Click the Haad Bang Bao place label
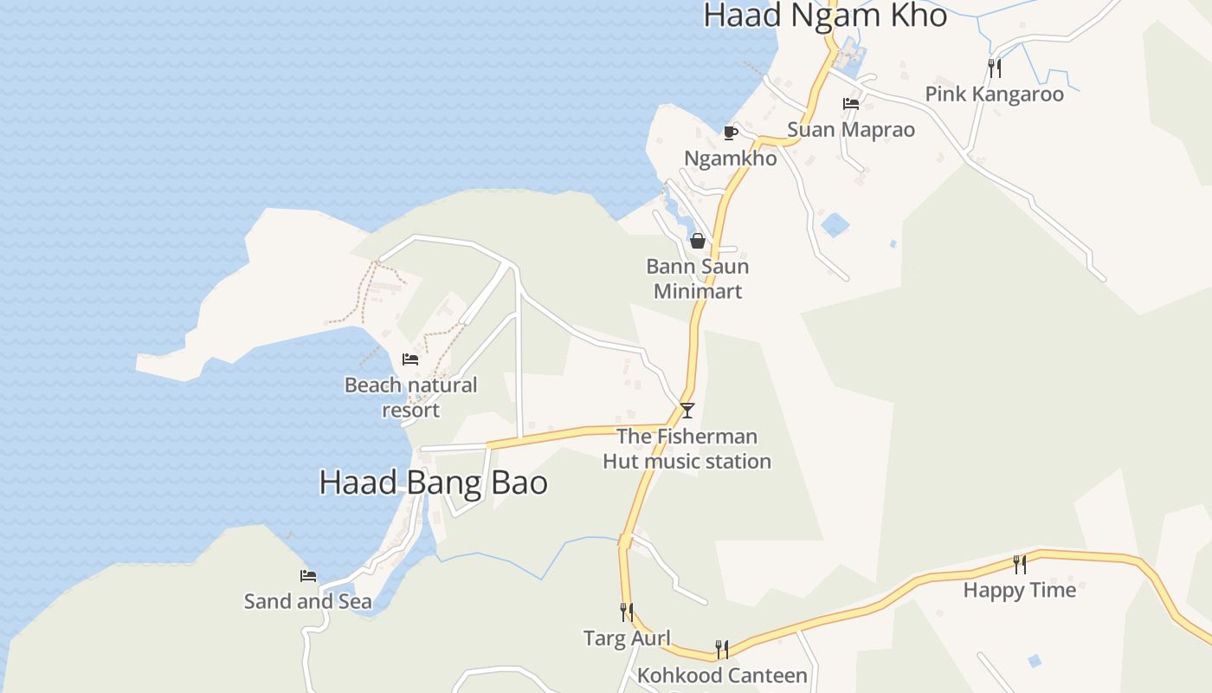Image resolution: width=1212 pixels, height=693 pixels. (x=433, y=483)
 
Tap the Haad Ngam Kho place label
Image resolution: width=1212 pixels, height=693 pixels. (x=825, y=16)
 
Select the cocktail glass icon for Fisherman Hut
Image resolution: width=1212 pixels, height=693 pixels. (x=687, y=410)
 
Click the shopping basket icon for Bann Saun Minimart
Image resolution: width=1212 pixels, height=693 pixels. (x=697, y=241)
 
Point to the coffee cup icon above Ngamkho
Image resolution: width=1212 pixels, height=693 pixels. (x=730, y=133)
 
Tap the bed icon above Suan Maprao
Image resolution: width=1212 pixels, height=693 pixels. (x=851, y=104)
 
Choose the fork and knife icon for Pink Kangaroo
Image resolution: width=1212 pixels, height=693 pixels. (x=995, y=68)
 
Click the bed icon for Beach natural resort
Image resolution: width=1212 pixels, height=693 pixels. (x=410, y=359)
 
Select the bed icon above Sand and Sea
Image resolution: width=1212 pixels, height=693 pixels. (x=308, y=576)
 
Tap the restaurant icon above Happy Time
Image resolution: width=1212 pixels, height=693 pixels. (x=1020, y=565)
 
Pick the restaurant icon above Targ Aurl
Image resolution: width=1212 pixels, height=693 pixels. (x=627, y=612)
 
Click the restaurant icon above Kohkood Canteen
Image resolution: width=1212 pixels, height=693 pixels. (x=722, y=649)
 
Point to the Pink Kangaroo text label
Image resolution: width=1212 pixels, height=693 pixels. (x=994, y=94)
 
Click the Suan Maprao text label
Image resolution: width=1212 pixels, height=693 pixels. (x=850, y=130)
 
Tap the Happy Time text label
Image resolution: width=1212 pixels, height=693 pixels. (x=1020, y=591)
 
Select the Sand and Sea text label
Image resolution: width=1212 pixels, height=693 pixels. (x=308, y=601)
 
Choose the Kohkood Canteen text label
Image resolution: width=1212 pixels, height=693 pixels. (x=722, y=675)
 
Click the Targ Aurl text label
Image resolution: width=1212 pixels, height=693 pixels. (x=627, y=638)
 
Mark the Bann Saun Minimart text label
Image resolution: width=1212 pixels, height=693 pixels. (x=697, y=279)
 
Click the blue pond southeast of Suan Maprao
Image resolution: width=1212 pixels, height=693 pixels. (x=835, y=224)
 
